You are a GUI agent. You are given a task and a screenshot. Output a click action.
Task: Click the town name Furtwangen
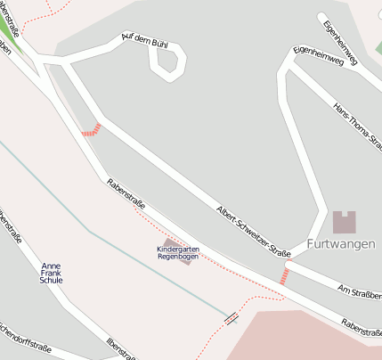pyautogui.click(x=341, y=244)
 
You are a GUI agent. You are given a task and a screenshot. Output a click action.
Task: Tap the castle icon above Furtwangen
pyautogui.click(x=344, y=222)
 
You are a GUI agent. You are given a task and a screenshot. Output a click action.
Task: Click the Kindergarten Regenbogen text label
pyautogui.click(x=177, y=252)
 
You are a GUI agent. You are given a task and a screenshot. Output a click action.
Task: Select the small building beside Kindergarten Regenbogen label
pyautogui.click(x=188, y=257)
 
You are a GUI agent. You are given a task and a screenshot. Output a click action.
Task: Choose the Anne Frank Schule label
pyautogui.click(x=52, y=273)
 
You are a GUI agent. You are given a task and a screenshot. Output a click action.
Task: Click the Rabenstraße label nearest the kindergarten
pyautogui.click(x=125, y=195)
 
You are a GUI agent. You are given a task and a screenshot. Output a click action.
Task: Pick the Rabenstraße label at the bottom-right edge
pyautogui.click(x=361, y=328)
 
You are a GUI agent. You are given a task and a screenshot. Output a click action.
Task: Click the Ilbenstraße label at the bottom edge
pyautogui.click(x=122, y=349)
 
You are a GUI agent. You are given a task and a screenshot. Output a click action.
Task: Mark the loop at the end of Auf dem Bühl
pyautogui.click(x=168, y=60)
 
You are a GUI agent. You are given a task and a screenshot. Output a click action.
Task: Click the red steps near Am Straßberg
pyautogui.click(x=285, y=275)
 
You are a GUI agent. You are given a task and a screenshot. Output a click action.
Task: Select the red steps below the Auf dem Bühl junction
pyautogui.click(x=91, y=130)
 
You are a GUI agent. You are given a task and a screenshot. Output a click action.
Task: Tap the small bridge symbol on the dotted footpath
pyautogui.click(x=232, y=317)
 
